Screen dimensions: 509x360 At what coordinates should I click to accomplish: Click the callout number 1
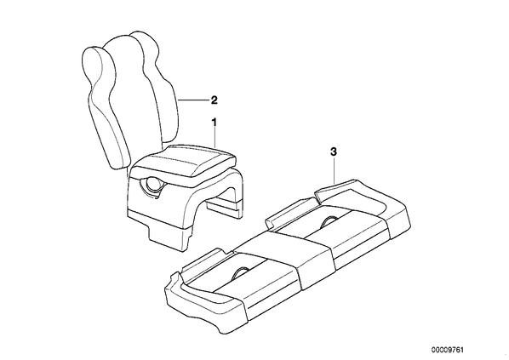pos(214,123)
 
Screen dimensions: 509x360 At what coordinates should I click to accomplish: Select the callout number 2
pos(214,100)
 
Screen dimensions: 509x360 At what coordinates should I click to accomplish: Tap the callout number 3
pos(334,152)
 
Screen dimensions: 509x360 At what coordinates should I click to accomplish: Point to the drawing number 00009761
pos(448,350)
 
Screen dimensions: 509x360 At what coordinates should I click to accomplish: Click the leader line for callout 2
pos(193,100)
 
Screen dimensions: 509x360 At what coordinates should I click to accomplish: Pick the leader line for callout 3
pos(334,169)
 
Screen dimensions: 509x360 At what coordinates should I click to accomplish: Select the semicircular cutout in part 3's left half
pos(240,273)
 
